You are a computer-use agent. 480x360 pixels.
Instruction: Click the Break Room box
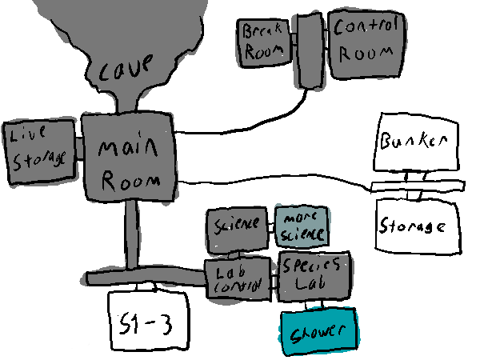(266, 42)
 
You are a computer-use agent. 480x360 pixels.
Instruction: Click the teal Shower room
(318, 331)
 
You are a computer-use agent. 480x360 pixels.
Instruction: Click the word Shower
(318, 332)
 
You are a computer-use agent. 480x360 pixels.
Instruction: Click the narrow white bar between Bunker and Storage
(418, 186)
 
